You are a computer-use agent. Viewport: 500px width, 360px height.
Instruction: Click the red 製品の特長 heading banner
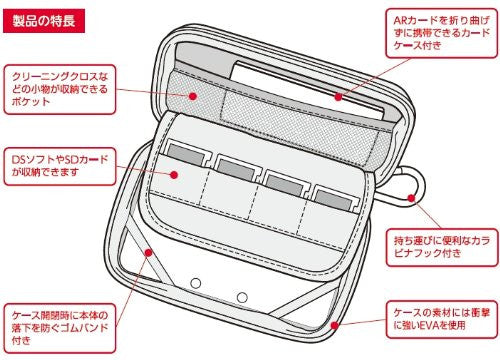(x=44, y=21)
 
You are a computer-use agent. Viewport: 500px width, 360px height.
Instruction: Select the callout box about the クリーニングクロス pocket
(x=60, y=89)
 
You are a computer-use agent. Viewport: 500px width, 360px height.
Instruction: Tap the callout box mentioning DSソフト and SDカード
(x=60, y=166)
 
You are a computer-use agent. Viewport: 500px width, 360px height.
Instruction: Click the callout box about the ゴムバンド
(x=60, y=328)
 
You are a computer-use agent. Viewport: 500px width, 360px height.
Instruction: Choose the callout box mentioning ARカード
(x=442, y=33)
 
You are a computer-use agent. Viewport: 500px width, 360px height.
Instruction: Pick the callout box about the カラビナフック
(x=442, y=247)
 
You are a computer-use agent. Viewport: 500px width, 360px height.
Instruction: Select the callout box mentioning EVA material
(x=442, y=319)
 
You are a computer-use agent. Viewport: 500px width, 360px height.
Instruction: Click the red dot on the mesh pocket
(x=192, y=96)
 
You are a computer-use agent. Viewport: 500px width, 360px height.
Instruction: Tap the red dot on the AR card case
(x=338, y=97)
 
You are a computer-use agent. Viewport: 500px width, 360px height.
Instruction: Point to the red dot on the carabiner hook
(x=411, y=198)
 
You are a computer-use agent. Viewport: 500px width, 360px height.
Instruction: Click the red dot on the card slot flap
(x=174, y=175)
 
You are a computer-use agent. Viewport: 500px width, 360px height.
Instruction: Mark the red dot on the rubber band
(x=149, y=252)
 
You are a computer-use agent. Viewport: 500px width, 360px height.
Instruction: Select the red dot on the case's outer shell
(x=334, y=325)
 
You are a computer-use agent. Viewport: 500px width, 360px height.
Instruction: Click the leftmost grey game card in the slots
(x=186, y=154)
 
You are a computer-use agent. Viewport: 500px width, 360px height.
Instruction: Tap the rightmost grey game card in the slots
(x=333, y=200)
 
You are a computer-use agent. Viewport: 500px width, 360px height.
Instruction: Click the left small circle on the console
(x=196, y=283)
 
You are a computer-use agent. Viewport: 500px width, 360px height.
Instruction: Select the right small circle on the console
(x=242, y=297)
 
